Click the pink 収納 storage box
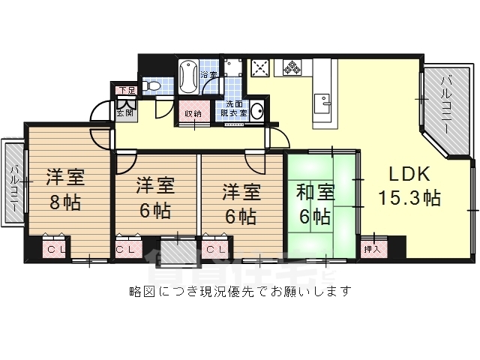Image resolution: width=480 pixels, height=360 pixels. [x=193, y=114]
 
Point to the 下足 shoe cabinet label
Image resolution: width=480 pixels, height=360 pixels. [x=124, y=91]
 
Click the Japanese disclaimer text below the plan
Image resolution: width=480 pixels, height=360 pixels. [x=240, y=290]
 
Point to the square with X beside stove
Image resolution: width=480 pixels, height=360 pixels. [x=260, y=69]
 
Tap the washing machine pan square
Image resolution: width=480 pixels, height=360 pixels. [x=232, y=69]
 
